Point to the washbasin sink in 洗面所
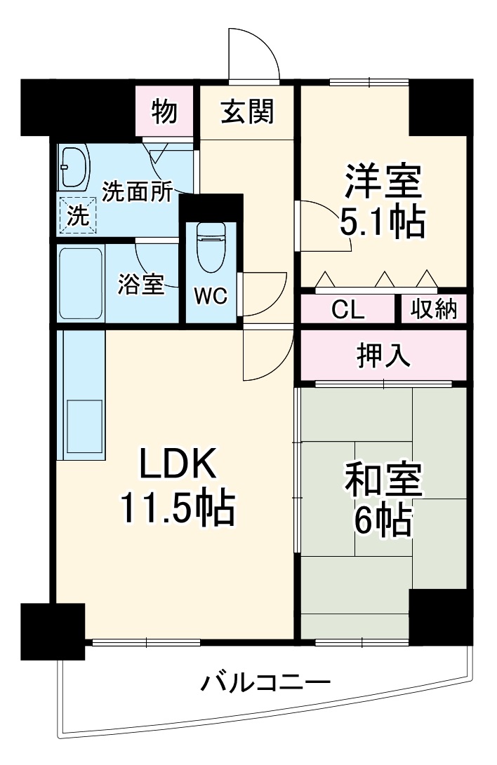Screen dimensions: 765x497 click(x=73, y=168)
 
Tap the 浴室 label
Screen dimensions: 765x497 click(x=140, y=285)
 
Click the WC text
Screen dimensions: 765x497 click(x=211, y=297)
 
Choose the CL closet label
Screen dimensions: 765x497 click(x=348, y=310)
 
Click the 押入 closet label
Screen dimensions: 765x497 click(x=383, y=357)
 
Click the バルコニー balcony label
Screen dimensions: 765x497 click(x=266, y=681)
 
